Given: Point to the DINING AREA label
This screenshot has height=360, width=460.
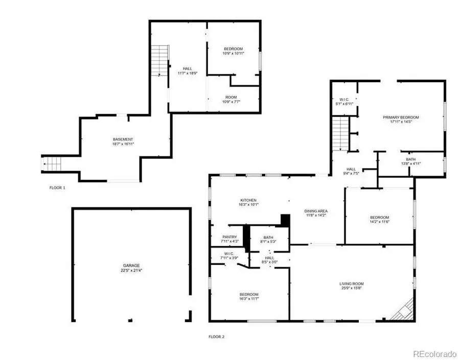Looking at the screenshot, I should pos(316,211).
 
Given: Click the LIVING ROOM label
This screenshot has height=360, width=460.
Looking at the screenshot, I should pos(351,284).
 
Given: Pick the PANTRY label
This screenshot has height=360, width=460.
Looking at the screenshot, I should pos(229,236).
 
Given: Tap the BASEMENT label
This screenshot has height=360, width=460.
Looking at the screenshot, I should pos(123,139).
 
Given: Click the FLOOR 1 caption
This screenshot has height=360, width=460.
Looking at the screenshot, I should pos(57,188).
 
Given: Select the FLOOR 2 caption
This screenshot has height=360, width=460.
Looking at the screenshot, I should pos(216,337).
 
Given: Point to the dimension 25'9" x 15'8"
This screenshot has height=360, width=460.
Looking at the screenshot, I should pos(351,289).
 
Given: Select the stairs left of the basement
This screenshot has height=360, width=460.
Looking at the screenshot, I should pos(51,164).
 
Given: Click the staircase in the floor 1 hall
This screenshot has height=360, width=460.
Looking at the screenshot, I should pos(161,60).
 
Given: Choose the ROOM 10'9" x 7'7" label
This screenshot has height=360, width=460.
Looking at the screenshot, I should pos(232,99).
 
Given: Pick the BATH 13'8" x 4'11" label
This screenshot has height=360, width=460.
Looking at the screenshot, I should pos(411,162).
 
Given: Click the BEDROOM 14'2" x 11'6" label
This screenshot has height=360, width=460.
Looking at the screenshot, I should pos(379,220).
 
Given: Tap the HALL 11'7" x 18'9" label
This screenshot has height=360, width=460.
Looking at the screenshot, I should pos(188,71).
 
